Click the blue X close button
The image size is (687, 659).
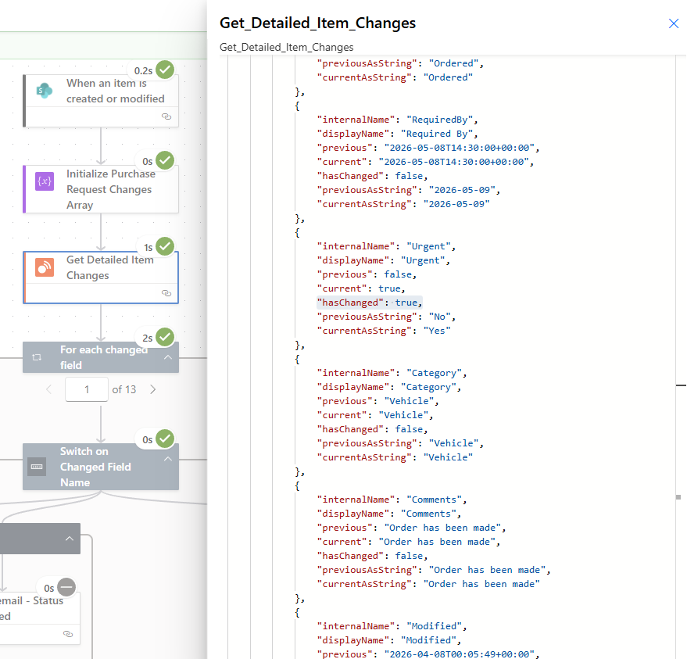pyautogui.click(x=674, y=23)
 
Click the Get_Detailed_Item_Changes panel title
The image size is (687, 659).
pyautogui.click(x=317, y=23)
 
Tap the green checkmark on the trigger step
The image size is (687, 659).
pyautogui.click(x=165, y=70)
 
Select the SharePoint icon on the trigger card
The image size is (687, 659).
pyautogui.click(x=45, y=91)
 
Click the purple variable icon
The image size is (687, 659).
pyautogui.click(x=45, y=181)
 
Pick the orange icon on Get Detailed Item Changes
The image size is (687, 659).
pyautogui.click(x=45, y=267)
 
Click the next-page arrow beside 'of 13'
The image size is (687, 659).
pyautogui.click(x=152, y=389)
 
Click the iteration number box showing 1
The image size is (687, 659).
pyautogui.click(x=87, y=389)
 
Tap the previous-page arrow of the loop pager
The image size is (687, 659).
pyautogui.click(x=48, y=389)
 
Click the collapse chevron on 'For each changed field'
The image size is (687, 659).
pyautogui.click(x=168, y=357)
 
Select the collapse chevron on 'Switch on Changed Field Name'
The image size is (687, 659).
pyautogui.click(x=168, y=459)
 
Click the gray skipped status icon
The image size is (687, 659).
pyautogui.click(x=66, y=587)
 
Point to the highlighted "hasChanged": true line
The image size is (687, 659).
pyautogui.click(x=370, y=303)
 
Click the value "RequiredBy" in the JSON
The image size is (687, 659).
pyautogui.click(x=439, y=120)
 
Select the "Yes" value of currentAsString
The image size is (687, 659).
pyautogui.click(x=437, y=331)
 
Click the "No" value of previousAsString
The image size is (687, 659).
pyautogui.click(x=439, y=317)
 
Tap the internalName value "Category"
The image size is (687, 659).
pyautogui.click(x=434, y=373)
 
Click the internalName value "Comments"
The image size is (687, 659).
pyautogui.click(x=434, y=500)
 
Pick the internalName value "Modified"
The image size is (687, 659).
pyautogui.click(x=434, y=626)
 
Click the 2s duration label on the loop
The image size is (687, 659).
pyautogui.click(x=147, y=338)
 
